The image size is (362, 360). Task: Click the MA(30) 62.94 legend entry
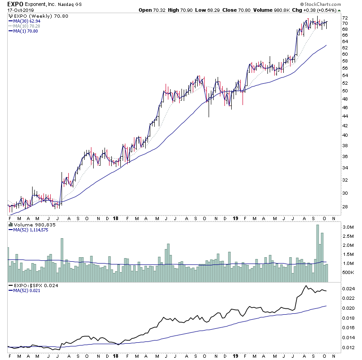pyautogui.click(x=28, y=21)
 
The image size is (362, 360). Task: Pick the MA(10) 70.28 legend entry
pyautogui.click(x=28, y=26)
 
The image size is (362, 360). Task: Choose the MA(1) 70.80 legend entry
pyautogui.click(x=26, y=31)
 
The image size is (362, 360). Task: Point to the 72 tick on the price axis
pyautogui.click(x=345, y=24)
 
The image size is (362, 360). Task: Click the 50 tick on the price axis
pyautogui.click(x=345, y=91)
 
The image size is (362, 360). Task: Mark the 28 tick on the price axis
pyautogui.click(x=345, y=207)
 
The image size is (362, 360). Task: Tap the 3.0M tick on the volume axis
pyautogui.click(x=347, y=226)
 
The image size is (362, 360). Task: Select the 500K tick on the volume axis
pyautogui.click(x=347, y=273)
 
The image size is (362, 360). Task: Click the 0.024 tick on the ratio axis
pyautogui.click(x=348, y=289)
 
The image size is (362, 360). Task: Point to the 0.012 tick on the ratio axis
pyautogui.click(x=348, y=348)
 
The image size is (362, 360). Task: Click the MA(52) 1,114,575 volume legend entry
pyautogui.click(x=31, y=230)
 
